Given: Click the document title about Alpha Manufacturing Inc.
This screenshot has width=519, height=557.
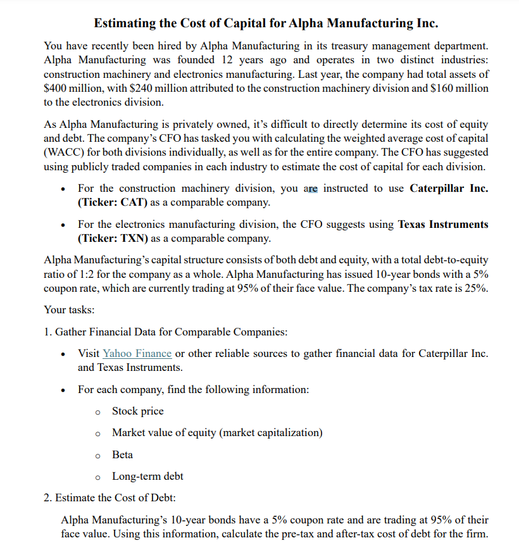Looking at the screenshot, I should [x=266, y=23].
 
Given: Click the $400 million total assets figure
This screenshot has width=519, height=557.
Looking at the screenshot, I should [x=73, y=88].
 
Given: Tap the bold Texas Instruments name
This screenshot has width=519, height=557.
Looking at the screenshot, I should [x=443, y=225].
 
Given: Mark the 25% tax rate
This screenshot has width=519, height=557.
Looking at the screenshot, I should [x=474, y=288].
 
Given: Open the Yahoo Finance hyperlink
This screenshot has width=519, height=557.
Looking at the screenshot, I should [x=137, y=353].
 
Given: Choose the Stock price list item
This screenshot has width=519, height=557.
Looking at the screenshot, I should [x=137, y=411].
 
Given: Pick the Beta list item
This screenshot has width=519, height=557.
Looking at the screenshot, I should [x=122, y=454].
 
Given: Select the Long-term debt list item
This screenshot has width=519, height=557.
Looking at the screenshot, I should [x=147, y=476].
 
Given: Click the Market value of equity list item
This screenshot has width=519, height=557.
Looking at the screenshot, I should [x=217, y=433].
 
